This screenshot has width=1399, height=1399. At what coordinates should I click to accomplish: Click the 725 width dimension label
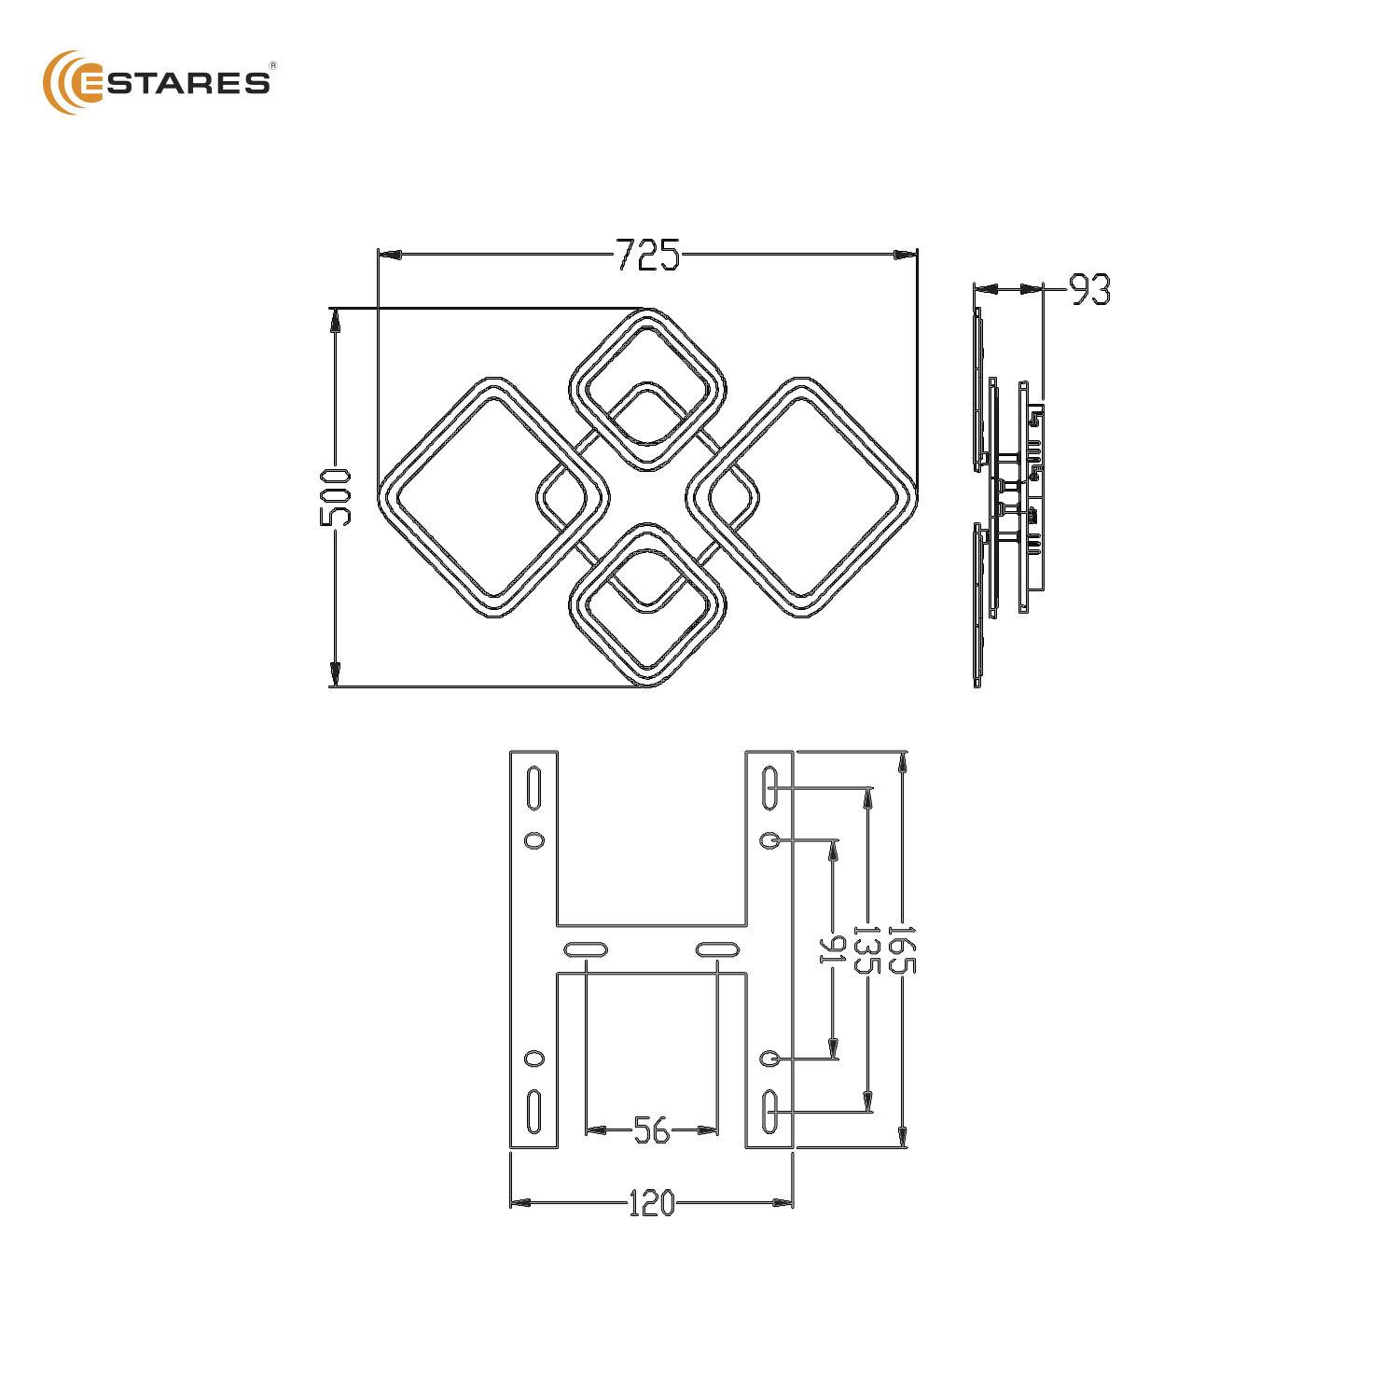click(x=648, y=255)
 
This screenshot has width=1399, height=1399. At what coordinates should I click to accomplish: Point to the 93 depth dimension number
click(x=1089, y=290)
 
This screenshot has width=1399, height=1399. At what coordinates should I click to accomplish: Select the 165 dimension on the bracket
click(x=901, y=949)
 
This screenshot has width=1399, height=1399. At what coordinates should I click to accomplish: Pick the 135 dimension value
click(x=867, y=949)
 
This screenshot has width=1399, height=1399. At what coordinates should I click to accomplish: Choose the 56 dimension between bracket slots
click(x=652, y=1130)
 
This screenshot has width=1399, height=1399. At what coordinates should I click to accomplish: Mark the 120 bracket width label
click(x=651, y=1203)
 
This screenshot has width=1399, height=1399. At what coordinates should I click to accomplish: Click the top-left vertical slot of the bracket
click(x=534, y=788)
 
